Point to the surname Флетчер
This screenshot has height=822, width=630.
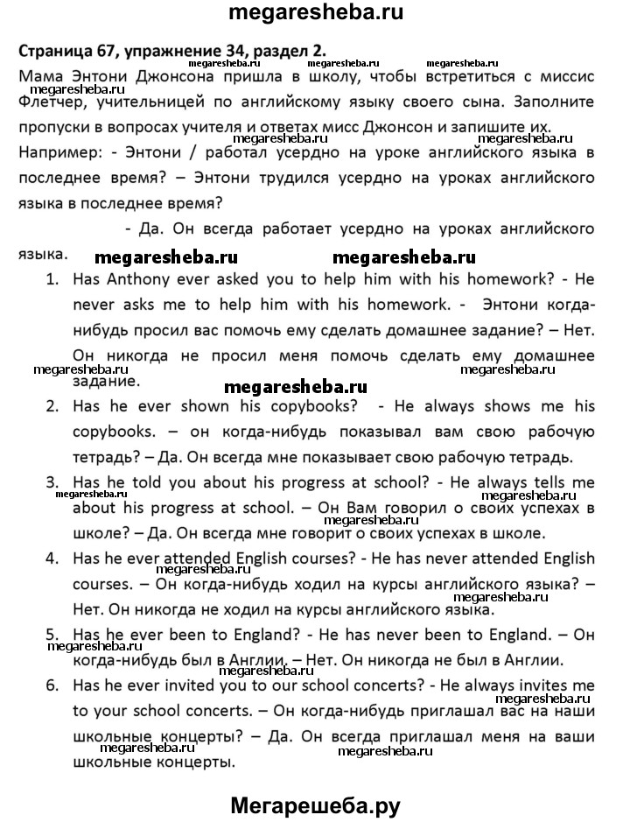coord(48,102)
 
